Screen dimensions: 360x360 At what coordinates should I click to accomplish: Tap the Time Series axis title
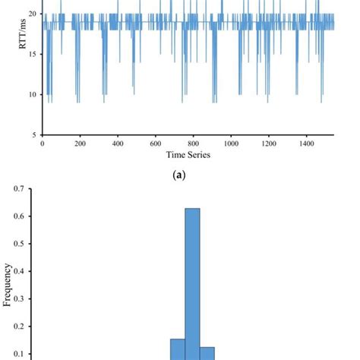(x=188, y=155)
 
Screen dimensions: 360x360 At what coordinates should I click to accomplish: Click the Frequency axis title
(x=8, y=284)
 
